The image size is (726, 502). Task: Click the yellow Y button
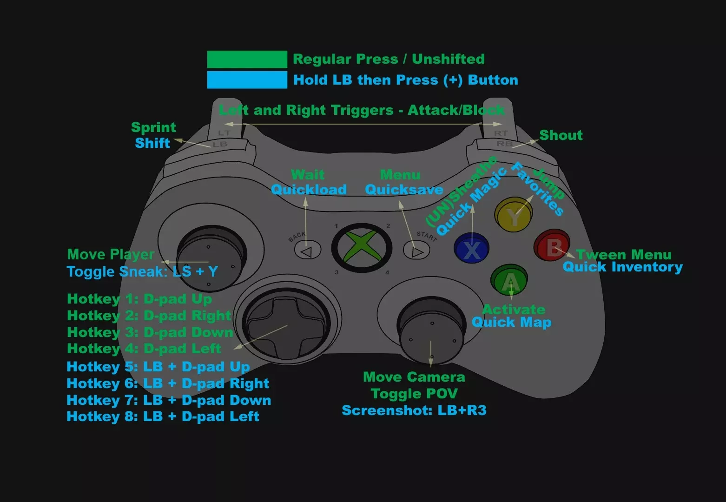(x=514, y=214)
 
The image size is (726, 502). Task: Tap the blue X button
(x=472, y=248)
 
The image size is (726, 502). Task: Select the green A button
(x=509, y=280)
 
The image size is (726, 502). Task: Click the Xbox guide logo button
(x=362, y=248)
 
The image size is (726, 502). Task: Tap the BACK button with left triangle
(x=308, y=250)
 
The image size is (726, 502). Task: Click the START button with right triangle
(x=416, y=250)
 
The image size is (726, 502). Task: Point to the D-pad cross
(x=286, y=327)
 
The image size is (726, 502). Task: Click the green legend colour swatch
(x=247, y=59)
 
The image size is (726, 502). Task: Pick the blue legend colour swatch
(x=247, y=80)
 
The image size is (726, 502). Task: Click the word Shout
(x=561, y=135)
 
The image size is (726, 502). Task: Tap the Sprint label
(x=153, y=127)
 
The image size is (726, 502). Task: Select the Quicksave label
(x=404, y=190)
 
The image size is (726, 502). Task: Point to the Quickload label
(x=309, y=190)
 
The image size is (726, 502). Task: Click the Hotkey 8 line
(x=163, y=416)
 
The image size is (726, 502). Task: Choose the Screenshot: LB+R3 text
(x=414, y=410)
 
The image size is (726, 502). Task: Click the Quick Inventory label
(x=623, y=267)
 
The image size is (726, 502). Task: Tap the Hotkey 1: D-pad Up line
(x=139, y=299)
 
